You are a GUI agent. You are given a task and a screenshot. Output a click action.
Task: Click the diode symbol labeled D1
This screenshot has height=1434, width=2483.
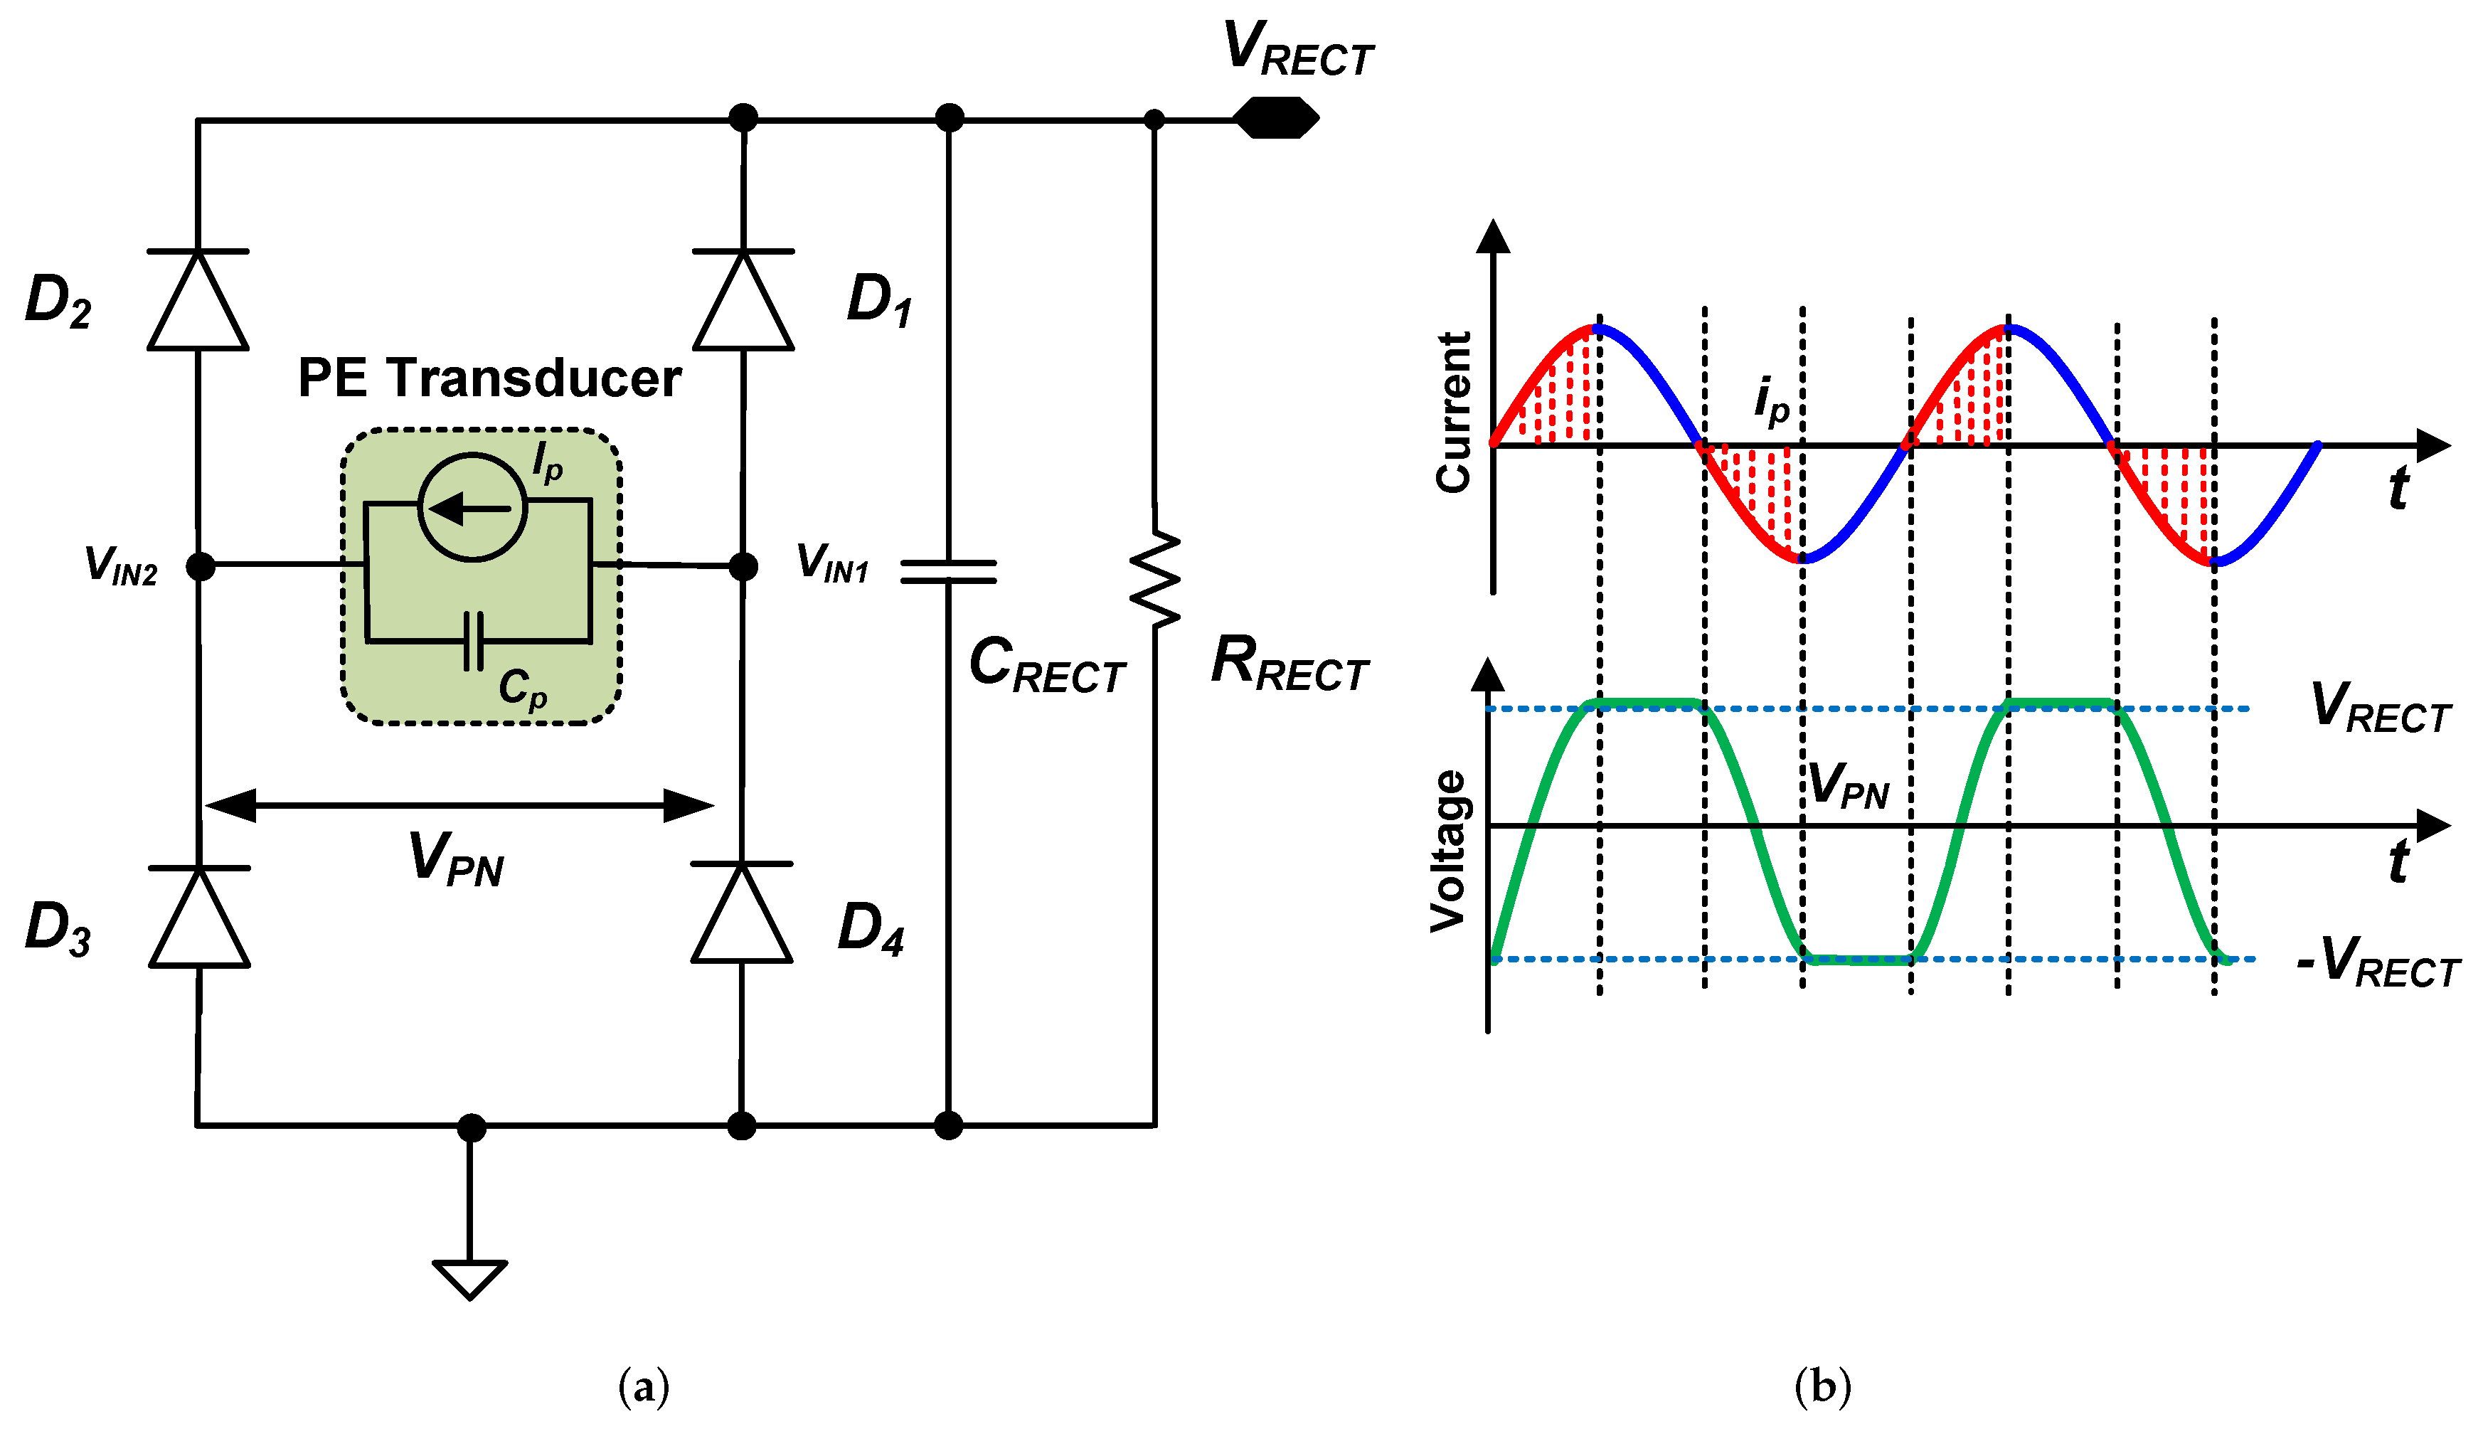point(743,300)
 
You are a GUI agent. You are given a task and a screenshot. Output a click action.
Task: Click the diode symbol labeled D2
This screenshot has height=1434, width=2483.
point(198,300)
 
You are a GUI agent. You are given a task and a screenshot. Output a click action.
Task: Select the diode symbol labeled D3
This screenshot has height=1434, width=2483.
point(199,917)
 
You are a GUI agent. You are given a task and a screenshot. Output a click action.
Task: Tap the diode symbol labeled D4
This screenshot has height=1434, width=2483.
point(741,913)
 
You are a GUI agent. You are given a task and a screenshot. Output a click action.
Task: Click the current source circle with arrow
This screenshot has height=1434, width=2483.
point(472,507)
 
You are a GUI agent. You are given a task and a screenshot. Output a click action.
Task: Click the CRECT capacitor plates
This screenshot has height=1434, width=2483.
point(948,571)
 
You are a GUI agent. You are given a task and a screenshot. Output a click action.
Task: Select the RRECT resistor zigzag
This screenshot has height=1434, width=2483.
point(1155,579)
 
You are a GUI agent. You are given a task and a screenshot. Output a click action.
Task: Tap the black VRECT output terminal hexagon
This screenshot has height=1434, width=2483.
point(1276,118)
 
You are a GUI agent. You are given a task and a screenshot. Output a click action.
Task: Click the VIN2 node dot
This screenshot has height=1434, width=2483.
point(200,566)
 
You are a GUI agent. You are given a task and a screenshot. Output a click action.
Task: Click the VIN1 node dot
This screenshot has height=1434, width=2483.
point(743,566)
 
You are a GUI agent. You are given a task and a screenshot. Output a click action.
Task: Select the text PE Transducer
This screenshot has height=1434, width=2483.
point(489,378)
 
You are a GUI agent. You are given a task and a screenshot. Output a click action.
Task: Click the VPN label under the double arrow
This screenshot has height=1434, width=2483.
point(456,859)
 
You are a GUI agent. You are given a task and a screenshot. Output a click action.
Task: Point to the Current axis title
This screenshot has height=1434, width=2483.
point(1452,412)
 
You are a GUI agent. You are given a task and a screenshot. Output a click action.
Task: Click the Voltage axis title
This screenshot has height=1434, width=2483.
point(1448,851)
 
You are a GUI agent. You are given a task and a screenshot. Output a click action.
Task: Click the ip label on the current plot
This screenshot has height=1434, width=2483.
point(1771,402)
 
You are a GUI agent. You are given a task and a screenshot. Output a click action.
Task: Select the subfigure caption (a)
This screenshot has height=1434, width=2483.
point(643,1387)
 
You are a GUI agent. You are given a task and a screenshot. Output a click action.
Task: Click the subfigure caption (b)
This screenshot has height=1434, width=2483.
point(1822,1387)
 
